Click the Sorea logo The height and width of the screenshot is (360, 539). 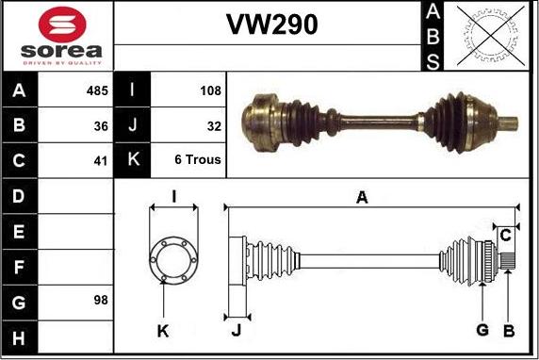click(57, 36)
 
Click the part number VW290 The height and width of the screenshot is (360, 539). click(270, 25)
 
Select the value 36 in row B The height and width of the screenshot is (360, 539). click(101, 125)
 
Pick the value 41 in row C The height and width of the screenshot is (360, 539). click(101, 160)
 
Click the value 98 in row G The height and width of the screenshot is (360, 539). click(101, 301)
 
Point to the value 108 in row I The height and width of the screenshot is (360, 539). click(210, 91)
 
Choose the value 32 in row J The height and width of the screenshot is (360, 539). click(213, 125)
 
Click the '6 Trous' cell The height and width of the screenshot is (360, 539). click(198, 160)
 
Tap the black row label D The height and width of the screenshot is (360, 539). click(20, 196)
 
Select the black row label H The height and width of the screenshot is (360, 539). click(20, 336)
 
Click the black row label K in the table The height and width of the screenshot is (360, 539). click(132, 160)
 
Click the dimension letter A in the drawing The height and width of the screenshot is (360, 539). click(362, 197)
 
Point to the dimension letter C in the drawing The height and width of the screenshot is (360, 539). click(505, 234)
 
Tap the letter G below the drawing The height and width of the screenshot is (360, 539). click(482, 329)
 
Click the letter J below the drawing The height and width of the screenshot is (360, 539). click(237, 330)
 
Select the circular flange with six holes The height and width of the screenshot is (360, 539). click(173, 257)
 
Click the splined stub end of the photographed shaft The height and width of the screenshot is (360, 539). click(505, 123)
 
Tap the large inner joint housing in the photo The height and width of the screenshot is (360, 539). click(267, 120)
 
